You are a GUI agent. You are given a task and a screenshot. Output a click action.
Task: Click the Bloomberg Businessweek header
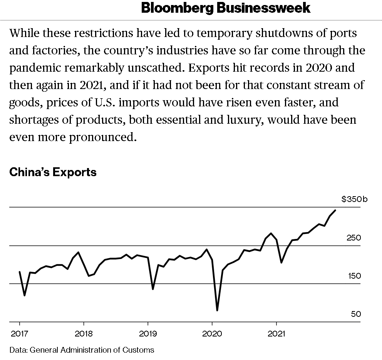tap(226, 8)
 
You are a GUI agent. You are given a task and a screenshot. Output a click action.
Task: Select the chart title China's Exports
tap(53, 172)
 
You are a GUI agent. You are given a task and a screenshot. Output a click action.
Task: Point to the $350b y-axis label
tap(354, 199)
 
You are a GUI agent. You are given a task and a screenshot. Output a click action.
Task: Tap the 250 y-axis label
tap(354, 238)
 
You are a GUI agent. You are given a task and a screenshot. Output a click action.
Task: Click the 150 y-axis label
tap(354, 276)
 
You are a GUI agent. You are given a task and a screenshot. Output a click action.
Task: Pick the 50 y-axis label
tap(356, 314)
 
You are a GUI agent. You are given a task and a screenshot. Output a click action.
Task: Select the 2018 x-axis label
tap(84, 333)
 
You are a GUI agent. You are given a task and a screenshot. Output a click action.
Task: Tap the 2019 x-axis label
tap(147, 333)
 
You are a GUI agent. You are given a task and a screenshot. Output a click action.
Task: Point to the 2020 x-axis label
tap(212, 333)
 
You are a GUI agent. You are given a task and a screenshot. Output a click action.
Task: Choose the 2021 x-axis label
tap(276, 333)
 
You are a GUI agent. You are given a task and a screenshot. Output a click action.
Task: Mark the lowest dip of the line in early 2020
tap(217, 310)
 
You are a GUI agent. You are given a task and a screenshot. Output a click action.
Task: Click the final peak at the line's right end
tap(335, 210)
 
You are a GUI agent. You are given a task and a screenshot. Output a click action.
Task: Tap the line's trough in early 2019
tap(153, 289)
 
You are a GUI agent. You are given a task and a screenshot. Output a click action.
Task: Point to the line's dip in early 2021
tap(281, 262)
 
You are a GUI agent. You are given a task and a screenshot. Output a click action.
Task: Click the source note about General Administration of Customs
tap(82, 350)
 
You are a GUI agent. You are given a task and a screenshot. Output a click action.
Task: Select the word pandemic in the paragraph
tap(36, 68)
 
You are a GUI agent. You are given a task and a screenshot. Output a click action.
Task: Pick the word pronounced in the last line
tap(103, 137)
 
